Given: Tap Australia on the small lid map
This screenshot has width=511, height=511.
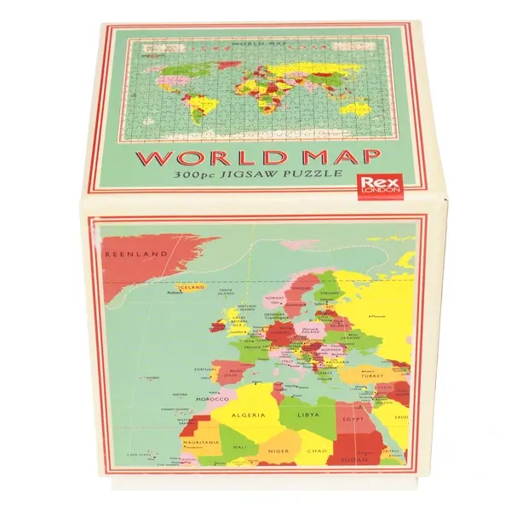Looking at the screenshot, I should (361, 121).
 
